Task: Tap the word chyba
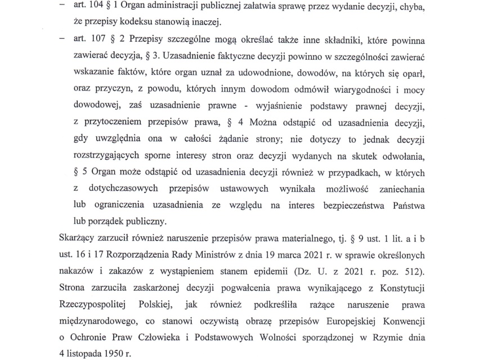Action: pos(412,7)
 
